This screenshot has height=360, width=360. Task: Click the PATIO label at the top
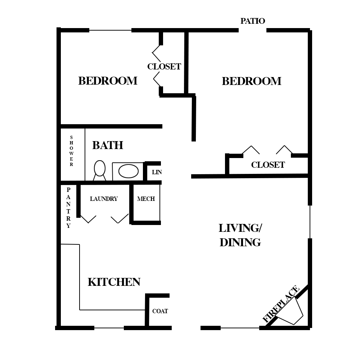253,21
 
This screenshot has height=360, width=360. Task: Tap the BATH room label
108,145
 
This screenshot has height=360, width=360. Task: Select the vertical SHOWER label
71,151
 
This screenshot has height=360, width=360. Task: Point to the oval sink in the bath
129,171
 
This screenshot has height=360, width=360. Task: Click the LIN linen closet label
157,172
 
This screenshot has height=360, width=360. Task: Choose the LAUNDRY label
104,199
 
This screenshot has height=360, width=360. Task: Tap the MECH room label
146,199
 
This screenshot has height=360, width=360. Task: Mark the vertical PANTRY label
68,208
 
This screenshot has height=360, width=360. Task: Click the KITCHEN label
114,282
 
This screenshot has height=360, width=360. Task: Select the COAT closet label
160,311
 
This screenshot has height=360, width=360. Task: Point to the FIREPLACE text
281,303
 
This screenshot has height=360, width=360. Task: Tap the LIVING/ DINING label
240,235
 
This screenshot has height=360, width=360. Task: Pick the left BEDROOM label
108,81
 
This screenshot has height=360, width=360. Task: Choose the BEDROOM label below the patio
251,81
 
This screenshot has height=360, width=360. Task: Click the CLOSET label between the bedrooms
164,67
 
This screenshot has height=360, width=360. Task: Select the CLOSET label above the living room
268,165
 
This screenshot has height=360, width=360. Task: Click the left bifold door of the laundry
88,219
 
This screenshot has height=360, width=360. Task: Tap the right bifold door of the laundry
120,219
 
